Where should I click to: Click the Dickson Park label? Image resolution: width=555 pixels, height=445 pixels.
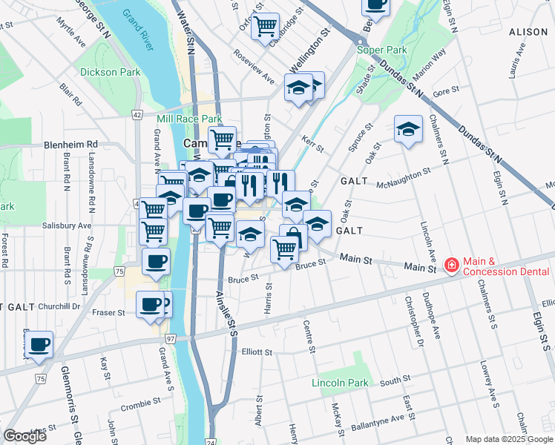(111, 73)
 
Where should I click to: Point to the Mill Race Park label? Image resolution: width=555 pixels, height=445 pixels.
(189, 119)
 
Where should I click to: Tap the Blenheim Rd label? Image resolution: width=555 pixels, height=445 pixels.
(70, 145)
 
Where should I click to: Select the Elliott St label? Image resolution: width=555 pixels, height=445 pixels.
(257, 352)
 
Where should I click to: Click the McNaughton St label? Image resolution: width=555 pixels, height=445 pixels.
(404, 178)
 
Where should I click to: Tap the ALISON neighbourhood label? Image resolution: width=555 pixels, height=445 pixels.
(528, 33)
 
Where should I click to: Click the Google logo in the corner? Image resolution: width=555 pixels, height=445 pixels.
(25, 436)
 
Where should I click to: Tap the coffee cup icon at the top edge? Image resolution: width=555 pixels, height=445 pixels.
(376, 4)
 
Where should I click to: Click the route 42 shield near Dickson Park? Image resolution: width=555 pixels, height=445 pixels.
(137, 115)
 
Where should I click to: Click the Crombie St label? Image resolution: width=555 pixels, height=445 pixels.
(141, 405)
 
